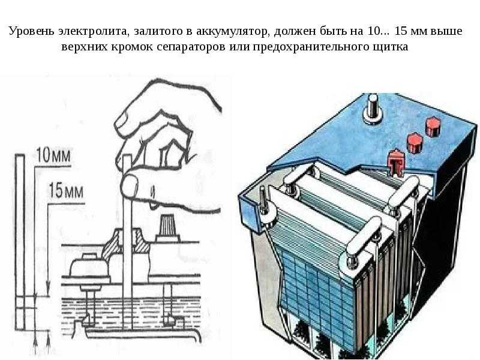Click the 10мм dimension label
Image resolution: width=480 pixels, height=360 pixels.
point(53,155)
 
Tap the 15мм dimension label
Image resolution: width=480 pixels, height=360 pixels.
point(66,190)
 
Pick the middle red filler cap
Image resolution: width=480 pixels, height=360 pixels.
point(415,143)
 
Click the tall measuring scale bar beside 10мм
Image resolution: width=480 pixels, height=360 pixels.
point(20,242)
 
